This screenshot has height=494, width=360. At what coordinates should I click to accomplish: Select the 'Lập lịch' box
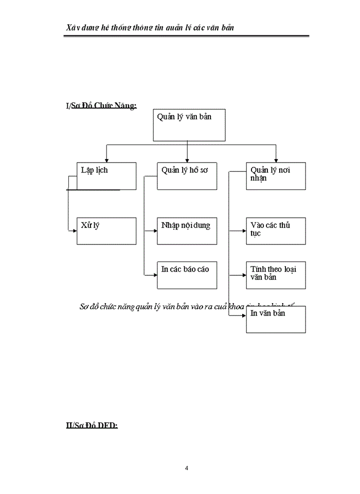pyautogui.click(x=106, y=176)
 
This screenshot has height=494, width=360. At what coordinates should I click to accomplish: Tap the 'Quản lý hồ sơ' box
pyautogui.click(x=187, y=176)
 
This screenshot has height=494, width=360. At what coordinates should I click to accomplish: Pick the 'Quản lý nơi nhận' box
pyautogui.click(x=276, y=176)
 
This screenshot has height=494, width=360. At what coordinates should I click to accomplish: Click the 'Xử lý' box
pyautogui.click(x=106, y=231)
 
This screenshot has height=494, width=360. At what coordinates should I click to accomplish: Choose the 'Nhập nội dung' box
pyautogui.click(x=187, y=231)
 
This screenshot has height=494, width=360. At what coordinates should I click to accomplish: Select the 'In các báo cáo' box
pyautogui.click(x=187, y=275)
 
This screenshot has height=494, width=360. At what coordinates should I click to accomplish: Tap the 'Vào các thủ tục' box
pyautogui.click(x=276, y=231)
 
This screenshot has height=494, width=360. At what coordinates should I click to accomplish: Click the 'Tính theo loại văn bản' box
pyautogui.click(x=276, y=275)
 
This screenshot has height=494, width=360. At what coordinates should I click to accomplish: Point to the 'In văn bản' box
pyautogui.click(x=276, y=319)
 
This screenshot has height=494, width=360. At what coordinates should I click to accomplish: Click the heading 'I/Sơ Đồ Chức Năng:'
pyautogui.click(x=101, y=106)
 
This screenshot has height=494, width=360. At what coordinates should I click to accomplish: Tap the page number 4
pyautogui.click(x=187, y=468)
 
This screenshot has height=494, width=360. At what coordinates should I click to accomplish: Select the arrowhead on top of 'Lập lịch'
pyautogui.click(x=106, y=160)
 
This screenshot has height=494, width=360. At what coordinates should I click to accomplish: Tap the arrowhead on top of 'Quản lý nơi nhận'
pyautogui.click(x=276, y=160)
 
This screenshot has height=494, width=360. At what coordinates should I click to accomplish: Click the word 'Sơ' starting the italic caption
pyautogui.click(x=84, y=307)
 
